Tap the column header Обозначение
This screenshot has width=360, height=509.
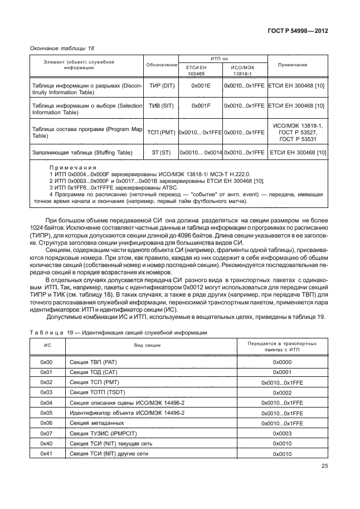(x=161, y=65)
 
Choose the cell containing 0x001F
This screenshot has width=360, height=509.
(x=201, y=105)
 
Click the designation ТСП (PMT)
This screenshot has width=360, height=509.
(x=161, y=132)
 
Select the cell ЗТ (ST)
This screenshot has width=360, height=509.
(x=161, y=152)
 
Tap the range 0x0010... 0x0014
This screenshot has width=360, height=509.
(x=201, y=152)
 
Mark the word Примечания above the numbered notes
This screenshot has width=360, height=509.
(x=73, y=167)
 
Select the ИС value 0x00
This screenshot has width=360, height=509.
(x=46, y=362)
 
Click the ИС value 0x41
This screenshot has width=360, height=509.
(x=46, y=454)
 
